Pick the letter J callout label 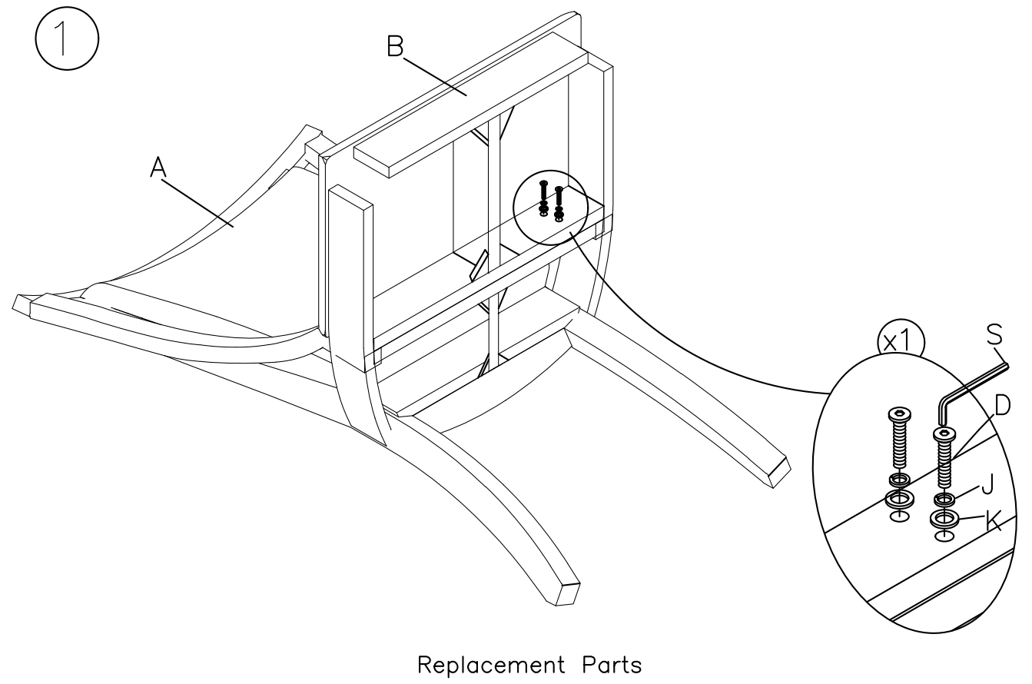point(987,485)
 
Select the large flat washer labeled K point(944,519)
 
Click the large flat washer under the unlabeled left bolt point(898,500)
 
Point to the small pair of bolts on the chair point(551,201)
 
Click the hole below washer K point(944,534)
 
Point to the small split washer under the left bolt point(898,481)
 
